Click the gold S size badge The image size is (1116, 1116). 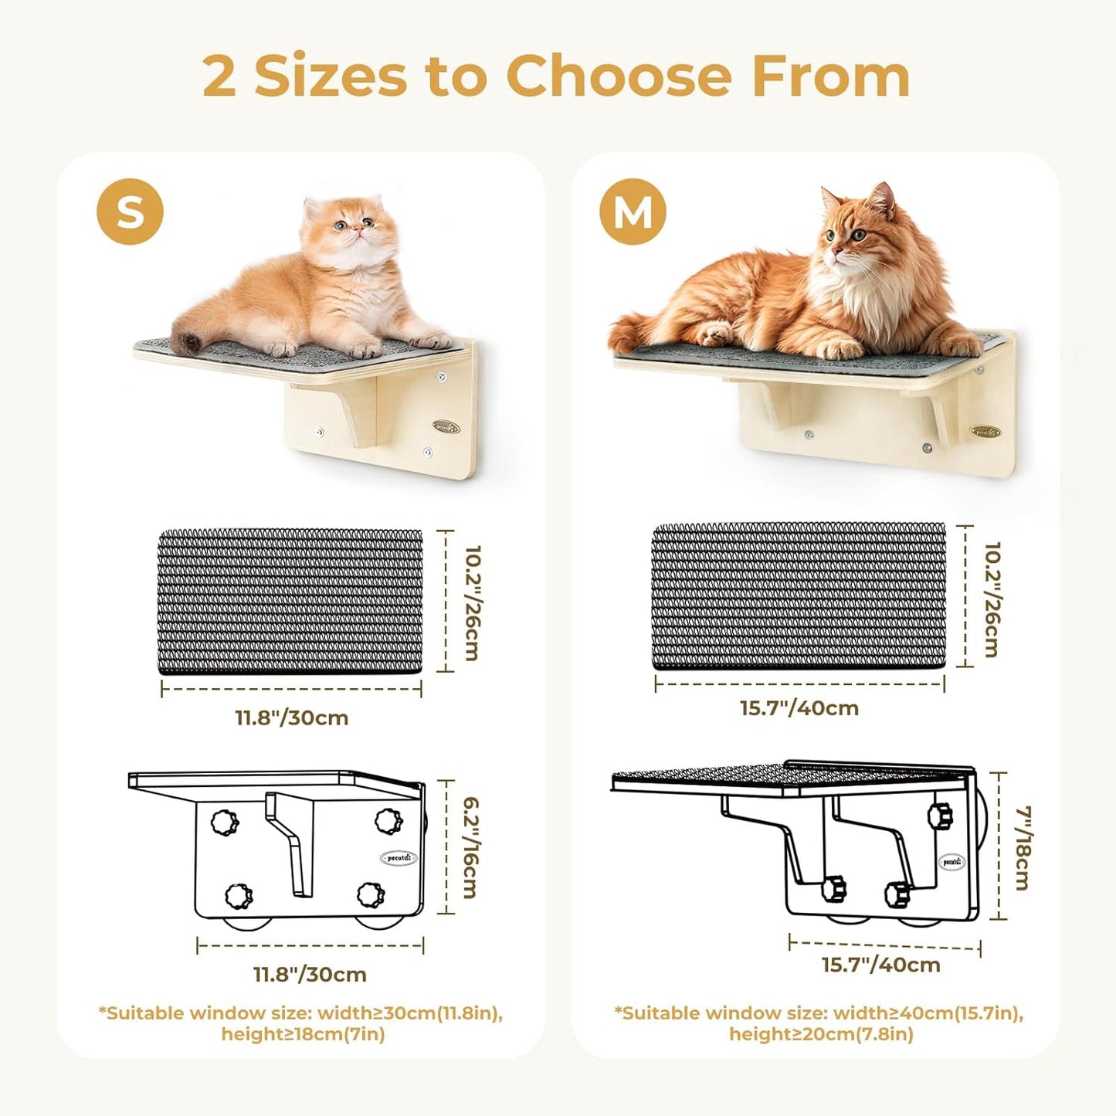tap(130, 212)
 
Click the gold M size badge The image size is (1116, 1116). tap(633, 212)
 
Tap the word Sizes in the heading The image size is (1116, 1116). tap(331, 76)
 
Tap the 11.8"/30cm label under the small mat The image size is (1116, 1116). tap(292, 717)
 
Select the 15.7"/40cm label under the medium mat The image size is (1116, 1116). tap(799, 707)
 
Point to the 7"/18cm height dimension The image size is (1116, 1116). tap(1023, 847)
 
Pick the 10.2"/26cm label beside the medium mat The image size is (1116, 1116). tap(992, 599)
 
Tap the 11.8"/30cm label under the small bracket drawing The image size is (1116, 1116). tap(310, 974)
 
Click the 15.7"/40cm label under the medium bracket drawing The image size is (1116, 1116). tap(880, 965)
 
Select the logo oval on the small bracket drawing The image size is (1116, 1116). tap(399, 858)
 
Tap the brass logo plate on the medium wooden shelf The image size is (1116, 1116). tap(985, 432)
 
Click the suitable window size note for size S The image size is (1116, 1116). tap(301, 1023)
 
